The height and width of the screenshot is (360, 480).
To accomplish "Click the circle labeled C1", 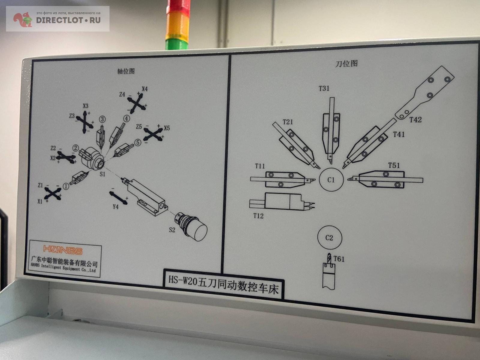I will (x=331, y=180).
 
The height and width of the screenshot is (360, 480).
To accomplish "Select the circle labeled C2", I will (x=329, y=238).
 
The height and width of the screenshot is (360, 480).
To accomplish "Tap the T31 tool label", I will (x=324, y=88).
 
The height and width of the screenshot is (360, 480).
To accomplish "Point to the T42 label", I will (x=415, y=120).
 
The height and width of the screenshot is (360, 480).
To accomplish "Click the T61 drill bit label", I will (x=339, y=259).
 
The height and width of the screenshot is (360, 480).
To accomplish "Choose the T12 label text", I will (x=258, y=216).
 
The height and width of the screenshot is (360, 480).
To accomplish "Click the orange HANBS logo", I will (x=63, y=250).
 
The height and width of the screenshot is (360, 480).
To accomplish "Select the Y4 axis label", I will (x=115, y=207).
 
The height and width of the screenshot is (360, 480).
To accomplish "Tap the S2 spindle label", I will (x=172, y=230).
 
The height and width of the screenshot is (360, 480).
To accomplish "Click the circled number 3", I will (x=103, y=119).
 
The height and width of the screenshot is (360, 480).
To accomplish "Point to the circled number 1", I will (x=66, y=187).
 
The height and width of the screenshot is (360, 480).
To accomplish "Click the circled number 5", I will (x=138, y=142).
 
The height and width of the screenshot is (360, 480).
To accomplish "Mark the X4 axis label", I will (x=145, y=89).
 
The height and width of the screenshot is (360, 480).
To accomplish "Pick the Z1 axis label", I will (x=40, y=185).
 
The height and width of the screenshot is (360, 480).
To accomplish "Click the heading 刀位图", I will (x=346, y=64).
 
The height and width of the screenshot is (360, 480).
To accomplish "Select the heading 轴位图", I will (x=126, y=71).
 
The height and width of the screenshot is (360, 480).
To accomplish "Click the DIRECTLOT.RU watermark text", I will (x=68, y=20).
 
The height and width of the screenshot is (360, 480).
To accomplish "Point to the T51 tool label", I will (x=394, y=165).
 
